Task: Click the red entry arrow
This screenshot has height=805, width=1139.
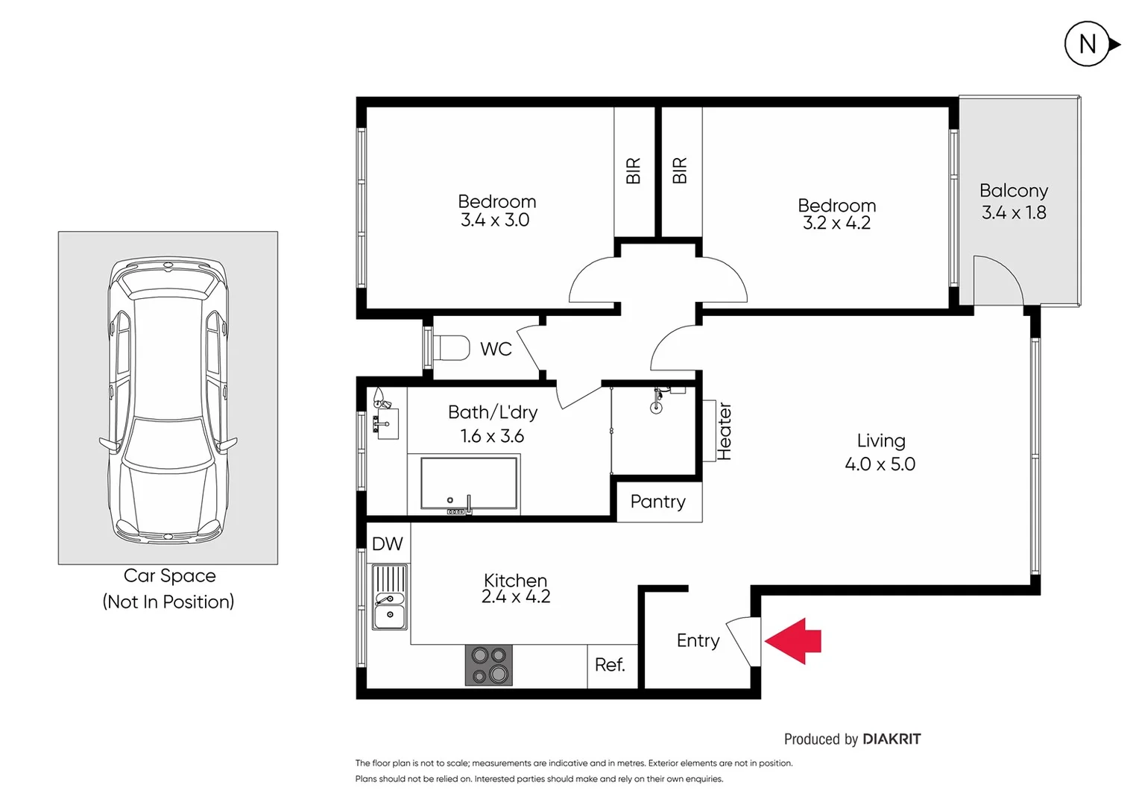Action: pyautogui.click(x=794, y=641)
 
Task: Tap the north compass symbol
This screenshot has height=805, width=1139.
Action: pyautogui.click(x=1088, y=45)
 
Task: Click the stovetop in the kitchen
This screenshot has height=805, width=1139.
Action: pyautogui.click(x=489, y=665)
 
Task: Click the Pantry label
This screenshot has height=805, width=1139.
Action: pyautogui.click(x=657, y=502)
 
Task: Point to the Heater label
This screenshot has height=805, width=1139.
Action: pyautogui.click(x=724, y=431)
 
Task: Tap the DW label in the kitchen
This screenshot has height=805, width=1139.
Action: pyautogui.click(x=387, y=544)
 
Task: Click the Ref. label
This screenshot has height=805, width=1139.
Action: pyautogui.click(x=610, y=665)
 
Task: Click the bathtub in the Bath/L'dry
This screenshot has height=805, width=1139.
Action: pyautogui.click(x=469, y=484)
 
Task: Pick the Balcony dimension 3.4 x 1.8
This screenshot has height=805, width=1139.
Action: pyautogui.click(x=1014, y=212)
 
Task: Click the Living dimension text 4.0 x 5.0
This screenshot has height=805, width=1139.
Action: pyautogui.click(x=880, y=464)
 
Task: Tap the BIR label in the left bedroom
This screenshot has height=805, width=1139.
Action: pyautogui.click(x=633, y=171)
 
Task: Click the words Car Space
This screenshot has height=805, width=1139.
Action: pyautogui.click(x=169, y=575)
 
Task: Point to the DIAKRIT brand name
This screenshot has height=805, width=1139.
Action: pyautogui.click(x=892, y=739)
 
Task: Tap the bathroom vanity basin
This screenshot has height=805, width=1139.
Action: pyautogui.click(x=387, y=423)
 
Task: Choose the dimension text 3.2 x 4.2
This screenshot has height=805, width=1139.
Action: pyautogui.click(x=836, y=223)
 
